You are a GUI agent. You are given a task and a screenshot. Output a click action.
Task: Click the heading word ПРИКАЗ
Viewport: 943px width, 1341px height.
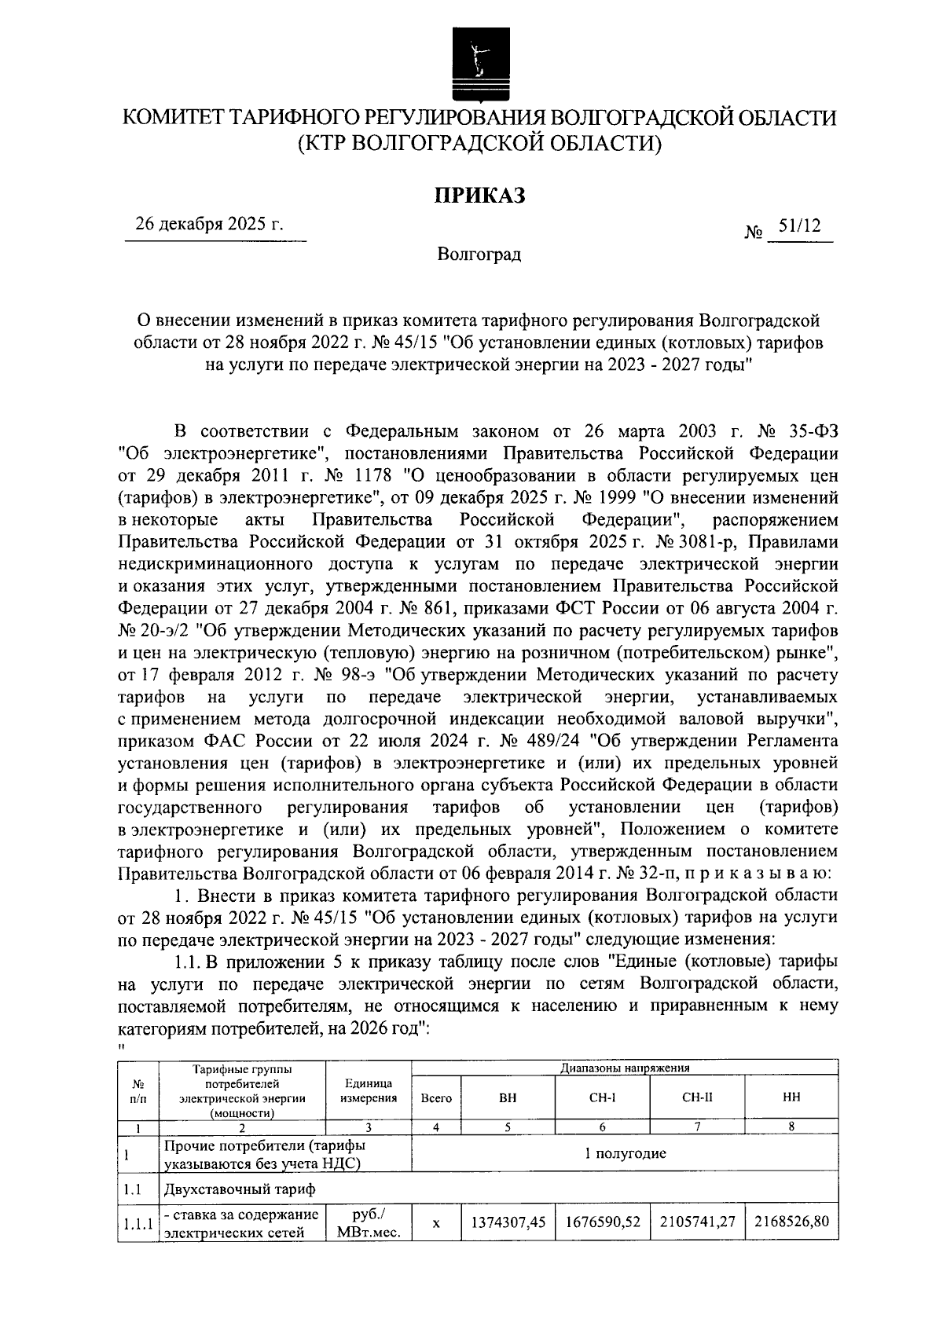[x=480, y=196]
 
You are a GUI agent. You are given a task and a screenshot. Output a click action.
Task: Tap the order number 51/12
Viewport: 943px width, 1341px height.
[x=799, y=226]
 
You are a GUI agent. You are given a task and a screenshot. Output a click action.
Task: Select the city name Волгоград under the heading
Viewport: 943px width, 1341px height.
[x=479, y=255]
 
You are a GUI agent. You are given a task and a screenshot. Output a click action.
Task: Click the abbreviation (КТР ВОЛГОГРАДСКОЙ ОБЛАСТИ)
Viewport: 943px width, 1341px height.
[x=479, y=144]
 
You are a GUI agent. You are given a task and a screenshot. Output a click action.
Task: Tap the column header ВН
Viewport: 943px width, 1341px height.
[x=508, y=1097]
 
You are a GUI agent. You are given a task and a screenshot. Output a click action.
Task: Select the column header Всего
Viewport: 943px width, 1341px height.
[x=436, y=1098]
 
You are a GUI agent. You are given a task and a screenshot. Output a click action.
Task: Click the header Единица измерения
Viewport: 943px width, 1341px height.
[x=369, y=1091]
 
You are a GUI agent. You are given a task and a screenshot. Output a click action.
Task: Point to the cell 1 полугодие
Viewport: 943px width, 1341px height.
[x=625, y=1153]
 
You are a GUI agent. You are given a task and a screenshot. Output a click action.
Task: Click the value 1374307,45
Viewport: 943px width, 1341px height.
[x=508, y=1222]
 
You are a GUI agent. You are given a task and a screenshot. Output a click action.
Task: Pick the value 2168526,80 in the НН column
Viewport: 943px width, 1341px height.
[x=791, y=1222]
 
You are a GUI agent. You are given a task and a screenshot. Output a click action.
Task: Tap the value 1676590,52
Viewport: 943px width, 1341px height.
[x=602, y=1222]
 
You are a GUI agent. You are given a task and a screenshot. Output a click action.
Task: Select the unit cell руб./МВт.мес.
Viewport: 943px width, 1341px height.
[x=369, y=1223]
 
